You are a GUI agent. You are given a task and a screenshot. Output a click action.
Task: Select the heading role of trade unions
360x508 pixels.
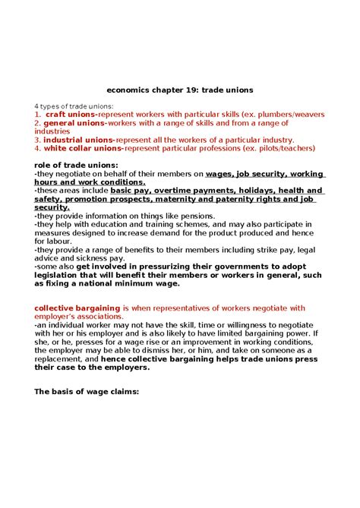tap(76, 165)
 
